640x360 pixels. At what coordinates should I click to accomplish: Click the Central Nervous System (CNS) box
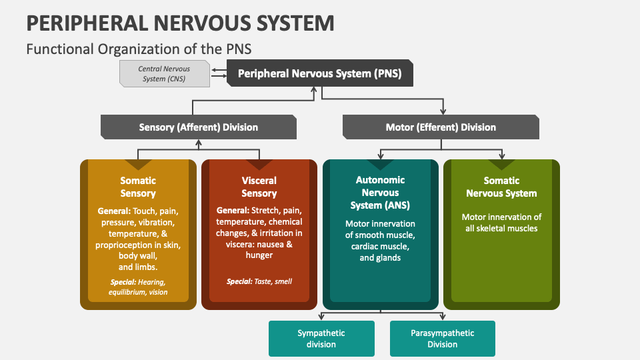[163, 73]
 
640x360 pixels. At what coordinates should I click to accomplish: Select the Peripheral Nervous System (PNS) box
[319, 73]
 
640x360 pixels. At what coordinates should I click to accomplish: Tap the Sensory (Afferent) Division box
[198, 127]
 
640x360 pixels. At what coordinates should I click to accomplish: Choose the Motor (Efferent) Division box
[441, 127]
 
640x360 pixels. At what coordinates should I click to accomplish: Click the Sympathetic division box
[321, 338]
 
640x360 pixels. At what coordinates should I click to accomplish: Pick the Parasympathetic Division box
[442, 338]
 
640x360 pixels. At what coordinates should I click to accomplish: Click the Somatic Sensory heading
[138, 187]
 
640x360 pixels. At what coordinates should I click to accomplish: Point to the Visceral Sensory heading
[259, 187]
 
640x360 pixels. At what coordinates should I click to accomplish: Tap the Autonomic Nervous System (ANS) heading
[380, 193]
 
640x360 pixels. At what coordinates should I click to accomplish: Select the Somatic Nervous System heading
[501, 187]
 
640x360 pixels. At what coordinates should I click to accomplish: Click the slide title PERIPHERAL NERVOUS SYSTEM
[180, 23]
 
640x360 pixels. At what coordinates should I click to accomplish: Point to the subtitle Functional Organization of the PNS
[139, 49]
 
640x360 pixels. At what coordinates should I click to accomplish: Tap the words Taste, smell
[273, 281]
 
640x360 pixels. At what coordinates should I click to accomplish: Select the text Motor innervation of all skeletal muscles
[501, 223]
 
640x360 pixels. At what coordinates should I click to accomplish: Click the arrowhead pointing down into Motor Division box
[442, 111]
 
